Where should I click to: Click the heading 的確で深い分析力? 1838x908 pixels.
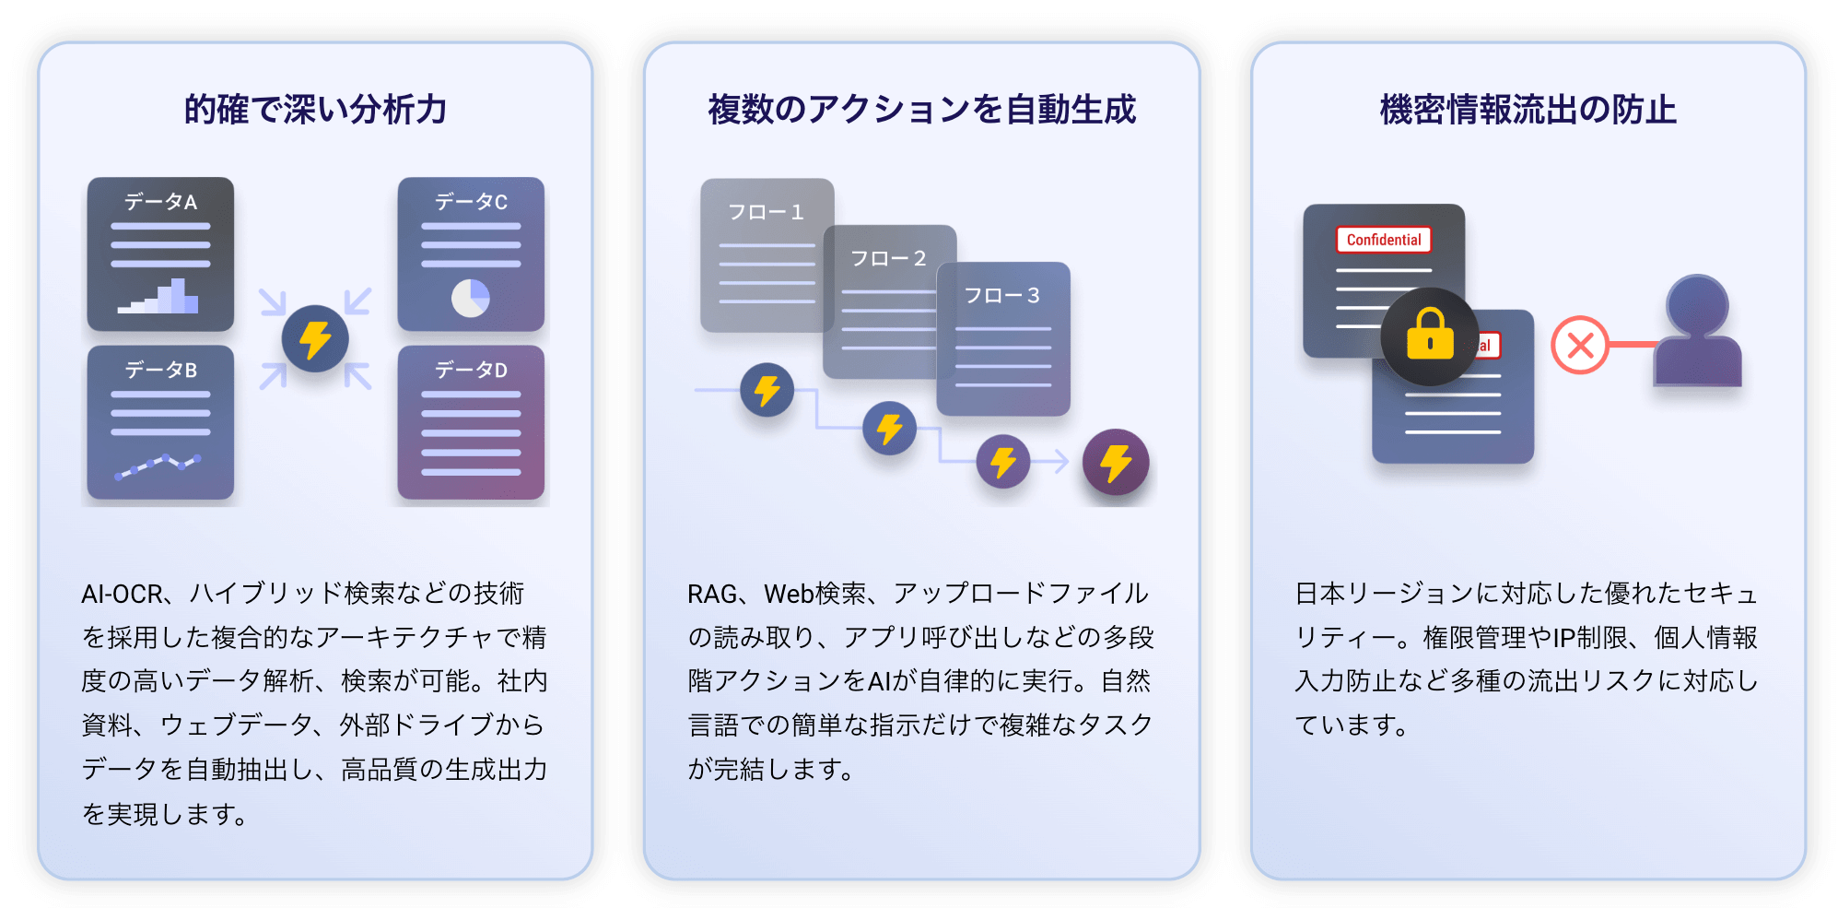(315, 110)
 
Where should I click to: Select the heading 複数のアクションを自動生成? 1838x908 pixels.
(921, 110)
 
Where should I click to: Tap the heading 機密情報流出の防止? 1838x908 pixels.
(1528, 110)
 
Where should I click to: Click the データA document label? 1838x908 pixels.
(160, 202)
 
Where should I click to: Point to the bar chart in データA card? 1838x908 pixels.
(158, 297)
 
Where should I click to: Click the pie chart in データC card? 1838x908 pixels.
(471, 298)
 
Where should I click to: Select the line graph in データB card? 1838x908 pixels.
(158, 466)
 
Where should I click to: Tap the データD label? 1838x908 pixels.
(471, 371)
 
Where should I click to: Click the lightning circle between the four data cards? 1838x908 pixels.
(315, 338)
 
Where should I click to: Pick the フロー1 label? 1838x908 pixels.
(766, 213)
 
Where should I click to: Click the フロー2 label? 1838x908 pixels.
(888, 259)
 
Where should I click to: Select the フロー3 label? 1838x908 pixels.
(1001, 296)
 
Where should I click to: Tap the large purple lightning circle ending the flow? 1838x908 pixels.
(1115, 462)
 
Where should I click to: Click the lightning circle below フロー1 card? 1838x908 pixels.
(767, 390)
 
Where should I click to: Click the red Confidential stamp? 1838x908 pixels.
(1383, 240)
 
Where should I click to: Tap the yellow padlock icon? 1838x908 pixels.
(1429, 336)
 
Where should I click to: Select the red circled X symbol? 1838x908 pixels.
(1579, 346)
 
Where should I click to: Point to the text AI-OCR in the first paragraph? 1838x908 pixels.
(122, 594)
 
